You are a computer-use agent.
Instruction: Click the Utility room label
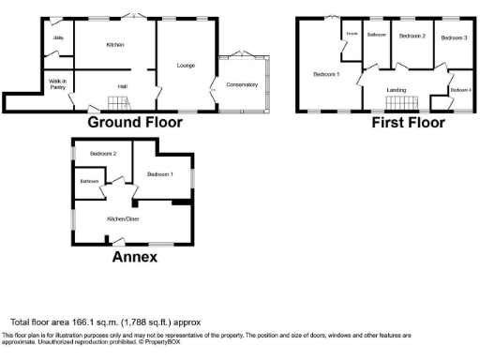point(58,37)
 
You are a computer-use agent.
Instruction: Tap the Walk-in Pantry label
point(58,85)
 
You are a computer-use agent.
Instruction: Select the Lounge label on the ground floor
point(185,66)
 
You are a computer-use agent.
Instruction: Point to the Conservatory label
point(242,85)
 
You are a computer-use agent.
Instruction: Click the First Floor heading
point(408,123)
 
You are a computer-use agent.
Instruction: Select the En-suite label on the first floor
point(352,34)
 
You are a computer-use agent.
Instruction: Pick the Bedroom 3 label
point(454,37)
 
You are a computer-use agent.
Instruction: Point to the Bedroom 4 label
point(460,90)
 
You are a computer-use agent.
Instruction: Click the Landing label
point(397,90)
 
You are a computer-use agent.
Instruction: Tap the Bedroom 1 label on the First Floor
point(326,72)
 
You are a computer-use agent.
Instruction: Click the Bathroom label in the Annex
point(89,181)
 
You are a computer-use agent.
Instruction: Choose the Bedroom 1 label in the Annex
point(160,174)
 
